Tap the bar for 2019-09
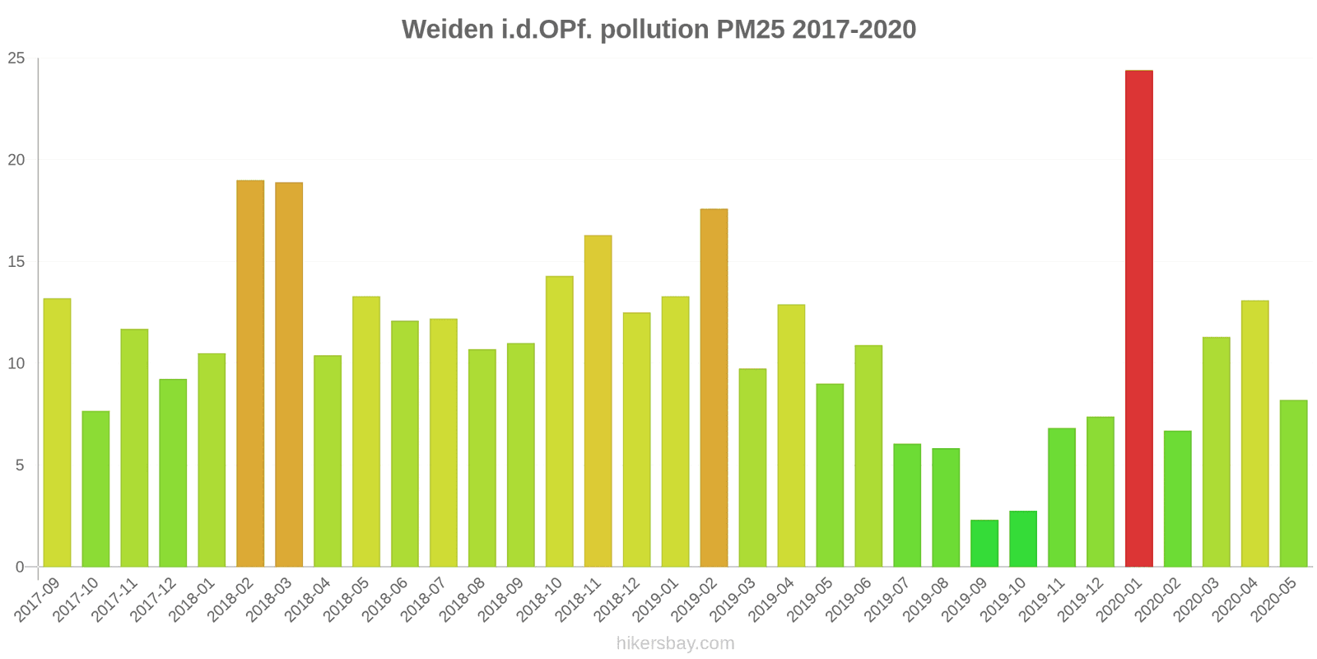984,544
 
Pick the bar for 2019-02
714,388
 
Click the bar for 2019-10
1022,539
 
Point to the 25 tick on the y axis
16,58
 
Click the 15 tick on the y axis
16,262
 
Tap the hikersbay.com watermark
675,643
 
